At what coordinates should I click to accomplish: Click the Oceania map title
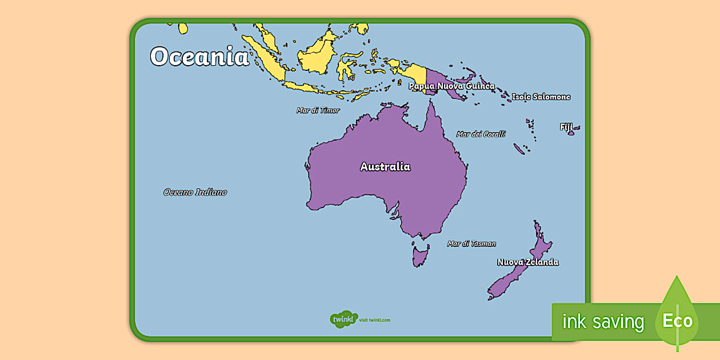click(x=199, y=57)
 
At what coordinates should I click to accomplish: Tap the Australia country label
click(x=385, y=167)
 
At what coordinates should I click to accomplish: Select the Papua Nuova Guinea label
click(x=451, y=86)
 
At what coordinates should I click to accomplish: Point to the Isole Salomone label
click(x=541, y=97)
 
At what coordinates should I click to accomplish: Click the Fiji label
click(x=566, y=127)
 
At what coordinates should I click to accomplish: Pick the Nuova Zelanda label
click(x=527, y=262)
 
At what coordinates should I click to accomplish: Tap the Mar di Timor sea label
click(x=318, y=110)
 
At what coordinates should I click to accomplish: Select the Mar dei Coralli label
click(x=481, y=134)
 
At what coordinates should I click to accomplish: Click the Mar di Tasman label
click(x=471, y=243)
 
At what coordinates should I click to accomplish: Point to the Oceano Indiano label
click(x=195, y=193)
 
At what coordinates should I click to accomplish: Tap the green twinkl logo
click(x=343, y=319)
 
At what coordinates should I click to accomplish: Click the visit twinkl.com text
click(x=375, y=320)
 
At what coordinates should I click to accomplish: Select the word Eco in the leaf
click(x=677, y=321)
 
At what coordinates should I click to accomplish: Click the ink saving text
click(x=603, y=322)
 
